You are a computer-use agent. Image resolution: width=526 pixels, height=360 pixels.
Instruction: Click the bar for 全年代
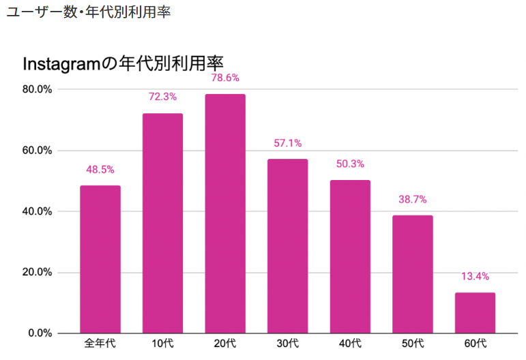(100, 259)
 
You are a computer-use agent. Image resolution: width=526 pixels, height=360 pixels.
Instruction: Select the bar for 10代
(162, 223)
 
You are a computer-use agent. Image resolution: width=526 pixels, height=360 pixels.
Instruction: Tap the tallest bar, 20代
(225, 213)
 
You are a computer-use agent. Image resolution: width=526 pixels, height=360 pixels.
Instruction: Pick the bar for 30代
(287, 246)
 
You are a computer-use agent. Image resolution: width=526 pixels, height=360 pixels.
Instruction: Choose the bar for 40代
(350, 256)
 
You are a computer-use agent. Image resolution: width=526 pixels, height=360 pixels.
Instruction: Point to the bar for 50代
(413, 274)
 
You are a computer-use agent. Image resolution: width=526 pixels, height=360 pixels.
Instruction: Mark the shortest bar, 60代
(475, 312)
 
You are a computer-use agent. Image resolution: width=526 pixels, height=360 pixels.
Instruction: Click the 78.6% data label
(225, 78)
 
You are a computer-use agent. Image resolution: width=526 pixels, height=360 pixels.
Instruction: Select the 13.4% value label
(475, 276)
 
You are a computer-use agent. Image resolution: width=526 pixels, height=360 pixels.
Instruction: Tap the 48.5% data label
(100, 169)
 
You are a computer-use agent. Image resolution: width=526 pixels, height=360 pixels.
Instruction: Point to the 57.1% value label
(287, 143)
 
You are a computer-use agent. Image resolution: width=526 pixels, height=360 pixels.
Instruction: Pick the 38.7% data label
(413, 199)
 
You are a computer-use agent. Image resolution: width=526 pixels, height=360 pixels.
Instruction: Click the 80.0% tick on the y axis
(38, 89)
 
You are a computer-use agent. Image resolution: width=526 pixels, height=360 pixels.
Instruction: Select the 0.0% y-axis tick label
(40, 333)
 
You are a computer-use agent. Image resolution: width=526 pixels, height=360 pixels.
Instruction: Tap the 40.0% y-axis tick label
(38, 211)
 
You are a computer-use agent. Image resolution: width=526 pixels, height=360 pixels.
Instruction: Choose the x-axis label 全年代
(100, 343)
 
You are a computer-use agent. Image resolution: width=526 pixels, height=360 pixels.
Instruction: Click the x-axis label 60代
(475, 343)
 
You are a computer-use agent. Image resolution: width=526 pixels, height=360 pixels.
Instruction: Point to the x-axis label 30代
(287, 343)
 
